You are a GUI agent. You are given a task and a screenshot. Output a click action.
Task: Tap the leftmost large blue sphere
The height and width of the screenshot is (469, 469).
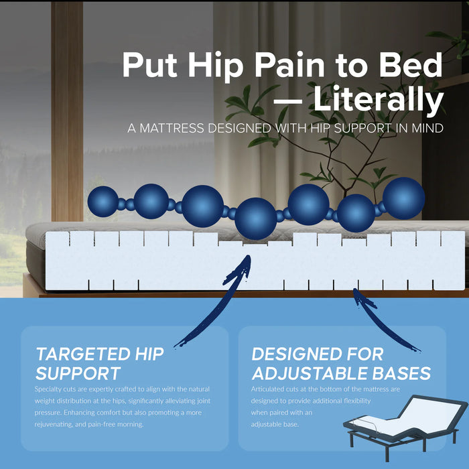pyautogui.click(x=104, y=201)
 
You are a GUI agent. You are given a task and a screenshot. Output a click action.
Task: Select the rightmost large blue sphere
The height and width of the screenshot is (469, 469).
pyautogui.click(x=403, y=198)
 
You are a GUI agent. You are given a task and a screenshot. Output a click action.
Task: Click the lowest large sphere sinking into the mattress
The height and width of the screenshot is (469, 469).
pyautogui.click(x=256, y=218)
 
